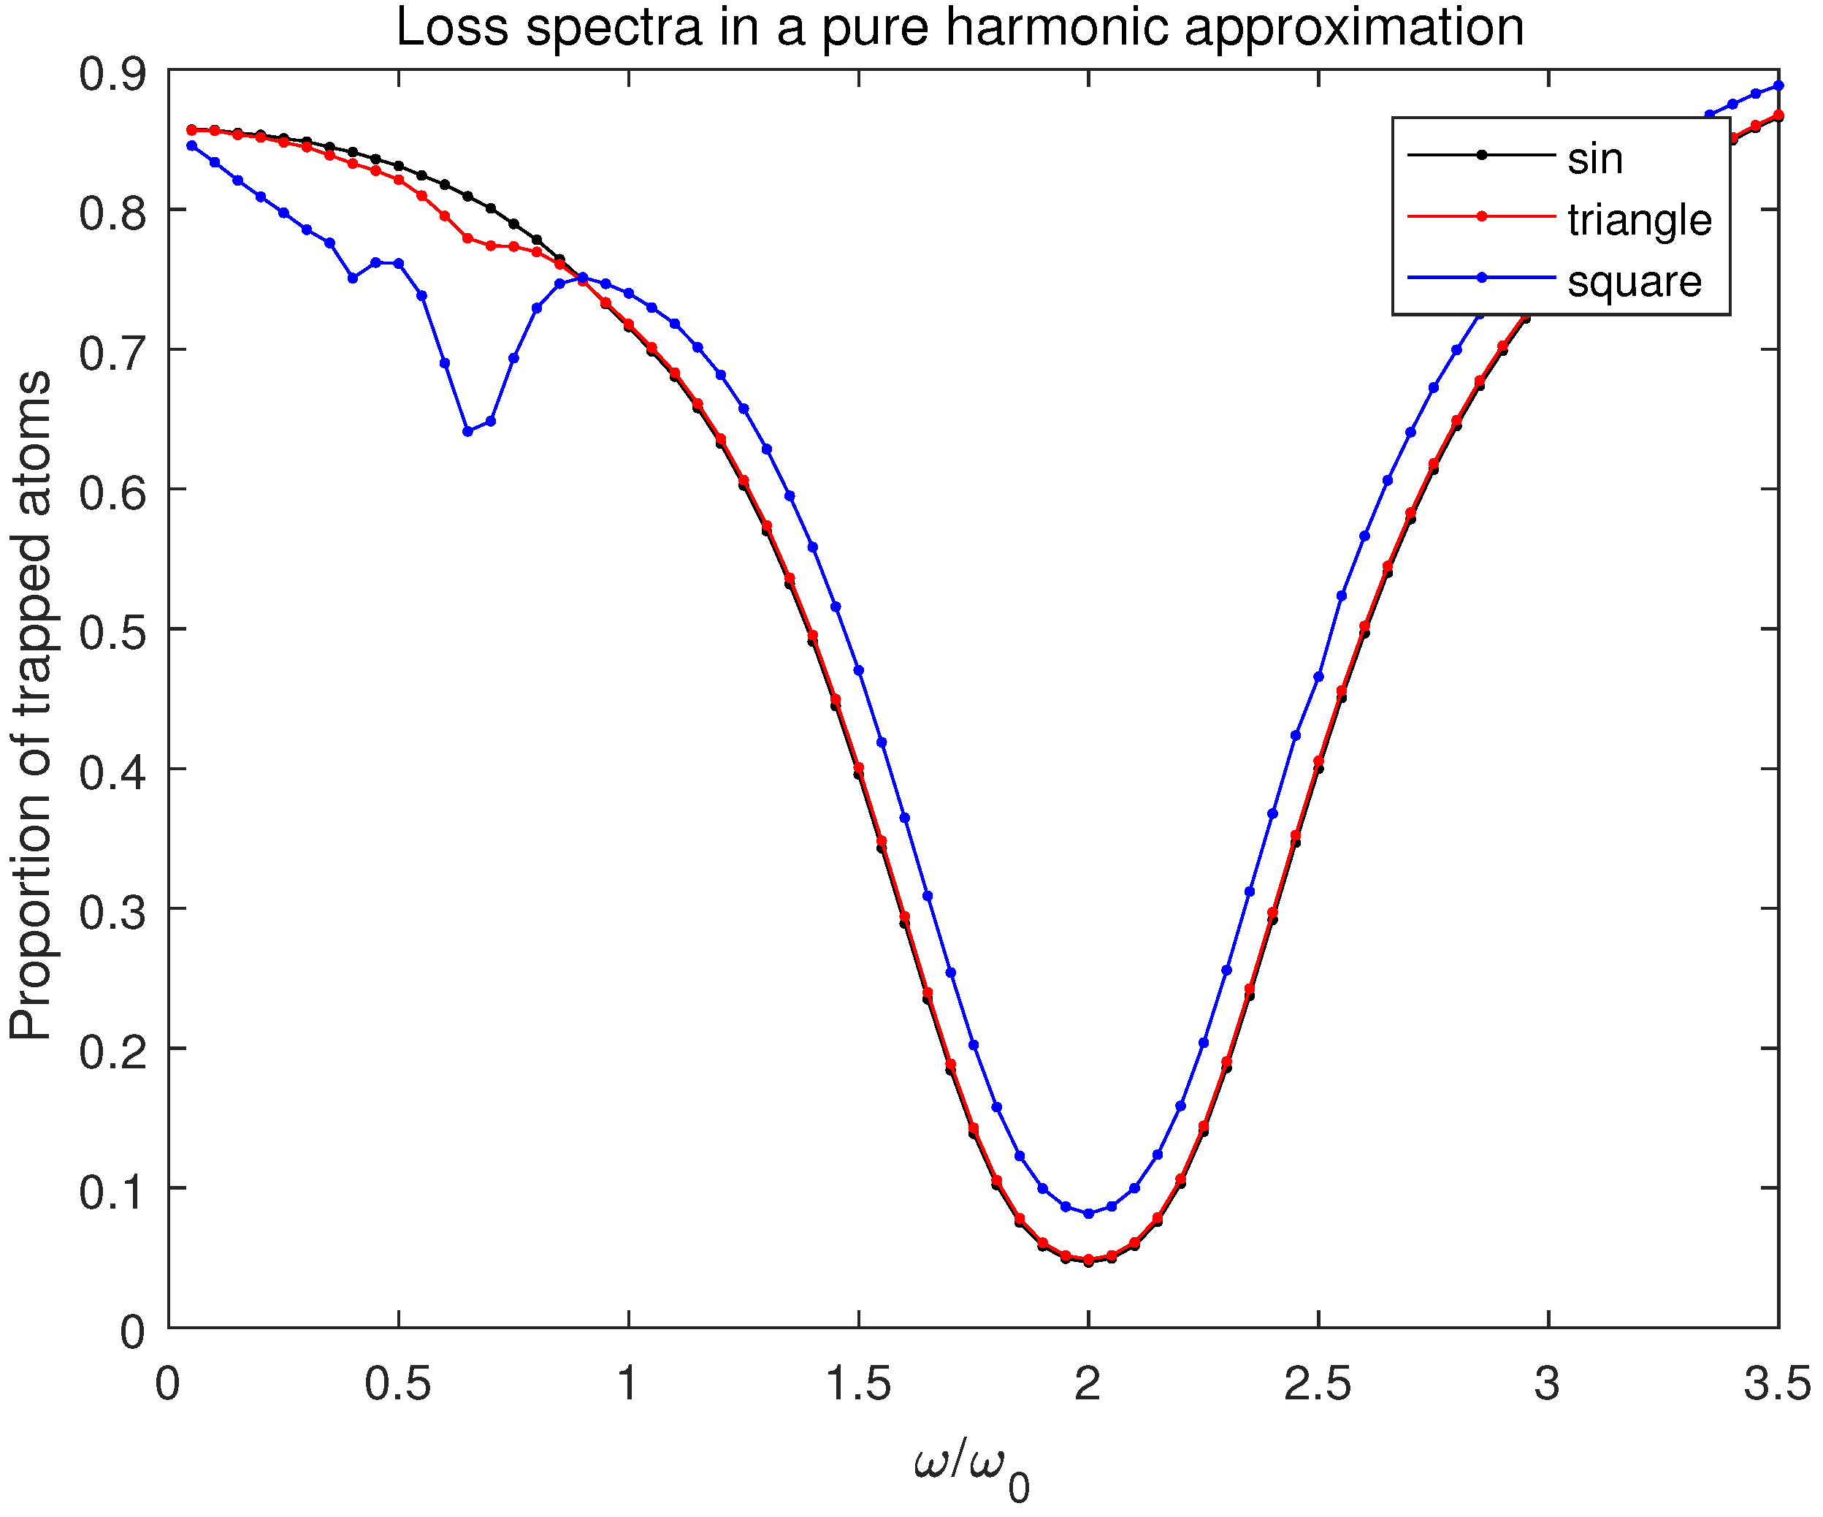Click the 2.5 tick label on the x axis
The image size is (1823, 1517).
click(1318, 1383)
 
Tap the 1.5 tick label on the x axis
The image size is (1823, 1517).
click(857, 1383)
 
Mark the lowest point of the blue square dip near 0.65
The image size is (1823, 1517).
click(468, 430)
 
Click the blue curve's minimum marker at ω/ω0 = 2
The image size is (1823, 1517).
click(1088, 1214)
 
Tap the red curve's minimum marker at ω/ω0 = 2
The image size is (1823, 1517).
click(1088, 1259)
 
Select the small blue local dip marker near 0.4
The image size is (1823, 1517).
click(353, 278)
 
